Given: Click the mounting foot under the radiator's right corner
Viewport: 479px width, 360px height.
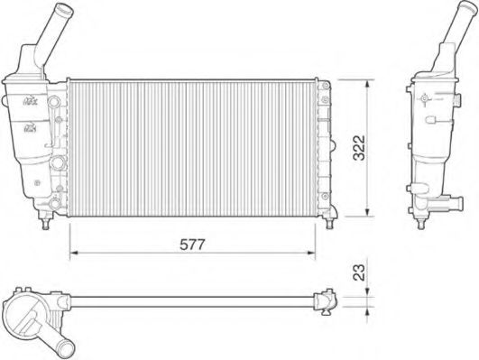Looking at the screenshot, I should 333,213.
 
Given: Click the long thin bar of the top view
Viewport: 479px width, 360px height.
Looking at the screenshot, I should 189,299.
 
